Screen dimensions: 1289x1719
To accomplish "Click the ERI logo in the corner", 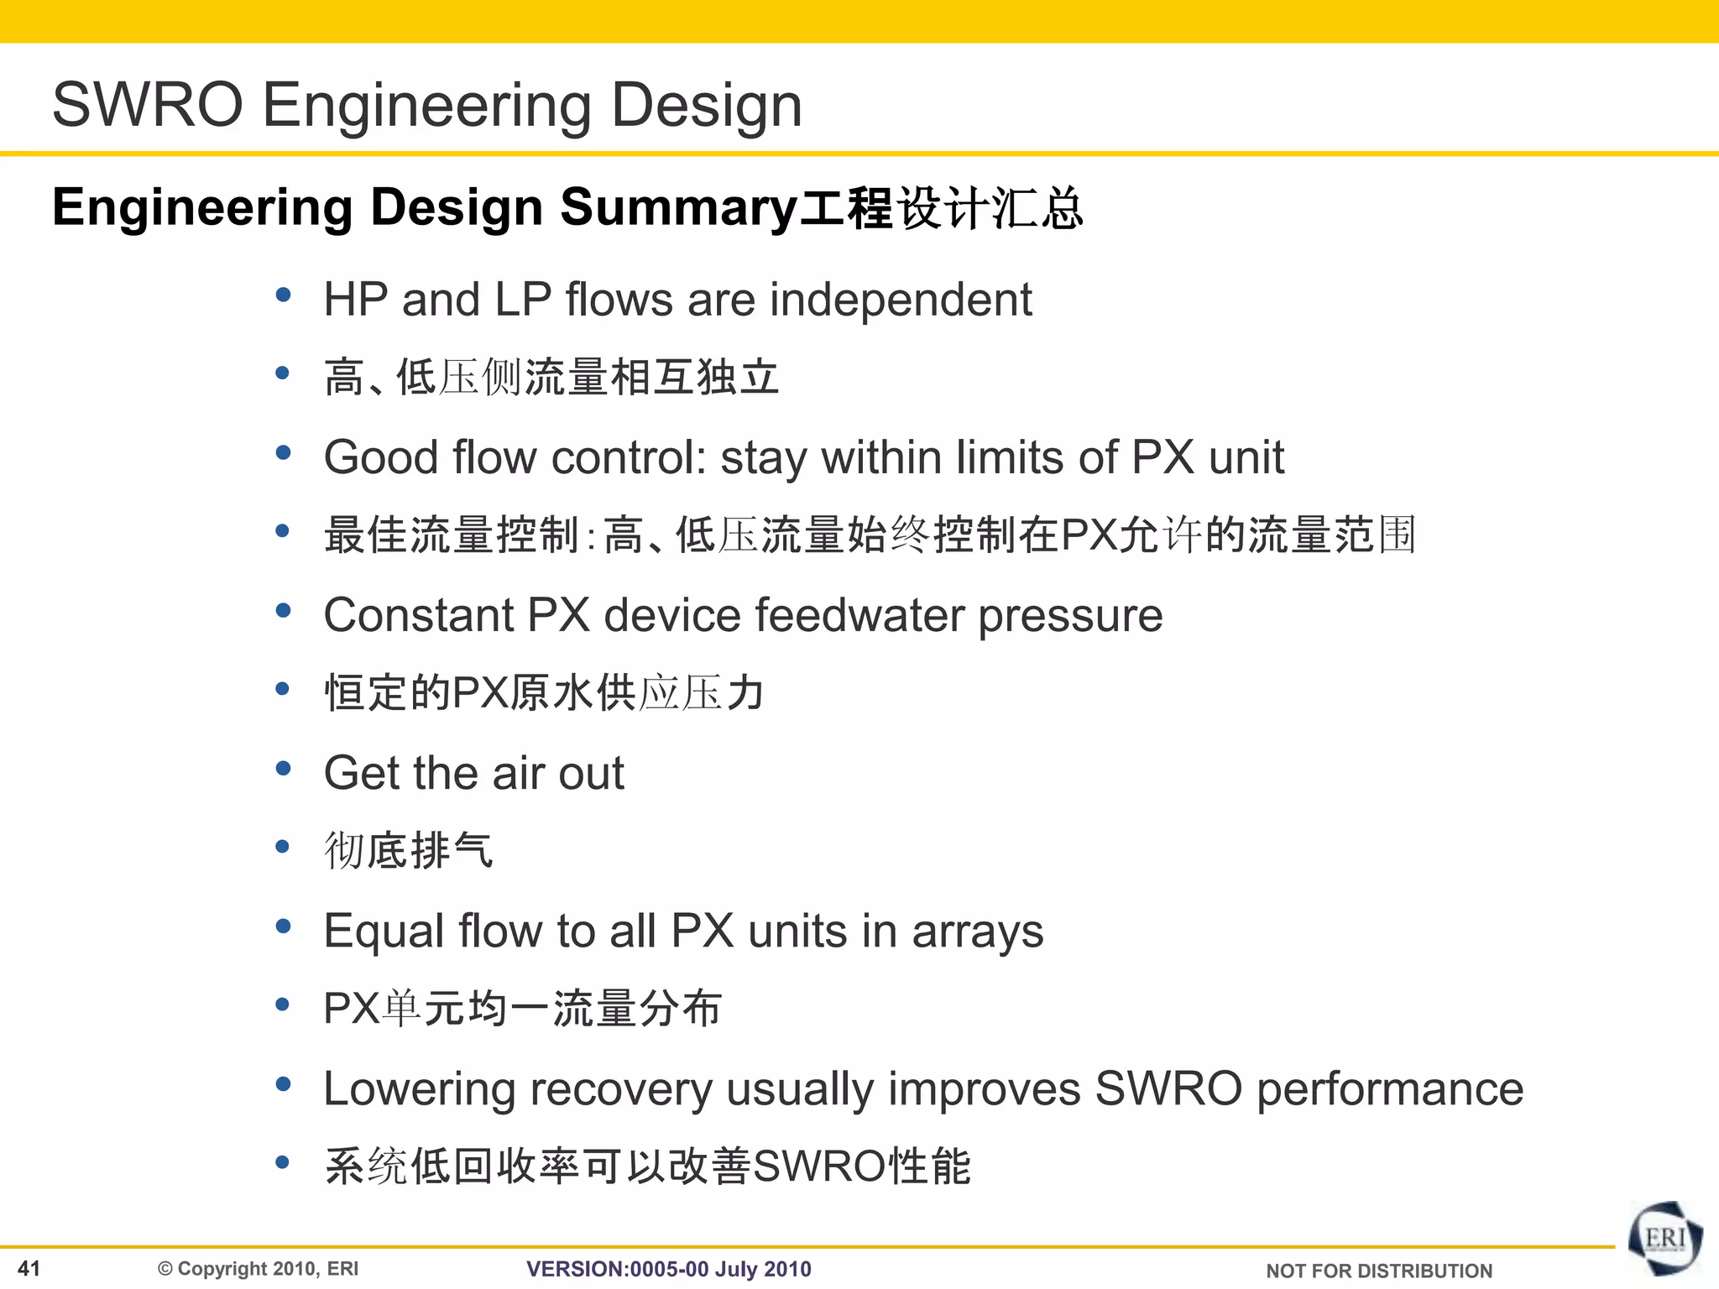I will pyautogui.click(x=1665, y=1239).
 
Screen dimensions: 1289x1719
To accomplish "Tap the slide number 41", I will pyautogui.click(x=29, y=1268).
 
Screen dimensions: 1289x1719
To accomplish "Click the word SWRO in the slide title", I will pyautogui.click(x=148, y=105).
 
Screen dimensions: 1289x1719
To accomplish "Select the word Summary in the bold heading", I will pyautogui.click(x=678, y=207).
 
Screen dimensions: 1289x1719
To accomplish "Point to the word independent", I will pyautogui.click(x=901, y=300).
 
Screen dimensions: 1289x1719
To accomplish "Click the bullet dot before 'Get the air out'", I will pyautogui.click(x=283, y=768).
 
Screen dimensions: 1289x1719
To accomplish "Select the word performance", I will pyautogui.click(x=1390, y=1089).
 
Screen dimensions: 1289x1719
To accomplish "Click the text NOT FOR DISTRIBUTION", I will pyautogui.click(x=1379, y=1271).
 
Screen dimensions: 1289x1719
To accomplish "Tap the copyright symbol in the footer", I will pyautogui.click(x=165, y=1269).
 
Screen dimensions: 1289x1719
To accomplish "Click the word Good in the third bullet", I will pyautogui.click(x=381, y=457).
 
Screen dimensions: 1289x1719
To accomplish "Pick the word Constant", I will pyautogui.click(x=418, y=615).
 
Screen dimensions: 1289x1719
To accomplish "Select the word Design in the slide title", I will pyautogui.click(x=707, y=105).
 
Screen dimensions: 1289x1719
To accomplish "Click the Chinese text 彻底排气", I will pyautogui.click(x=409, y=850).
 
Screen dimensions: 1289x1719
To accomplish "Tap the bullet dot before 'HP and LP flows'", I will pyautogui.click(x=283, y=295).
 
